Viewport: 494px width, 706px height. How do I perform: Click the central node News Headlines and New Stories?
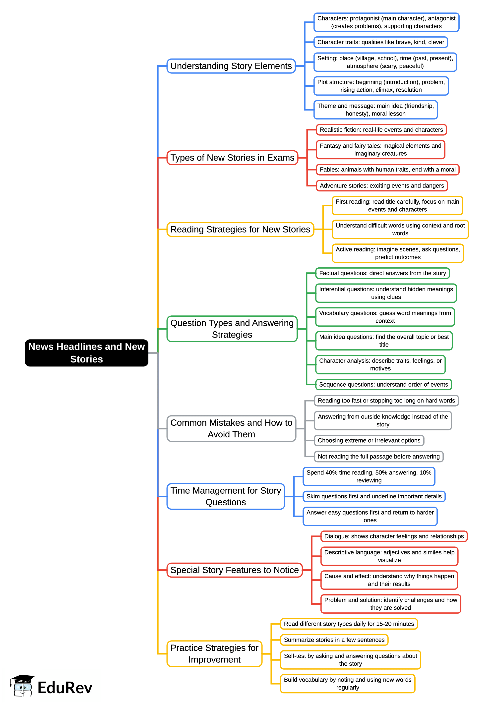click(x=86, y=353)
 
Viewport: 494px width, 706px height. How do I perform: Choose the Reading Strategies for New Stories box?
click(x=240, y=229)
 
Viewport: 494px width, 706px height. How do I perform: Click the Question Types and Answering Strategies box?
click(x=232, y=329)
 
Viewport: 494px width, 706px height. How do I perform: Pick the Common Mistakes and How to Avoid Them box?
click(x=231, y=428)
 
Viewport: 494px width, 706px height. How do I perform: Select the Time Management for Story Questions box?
click(x=226, y=496)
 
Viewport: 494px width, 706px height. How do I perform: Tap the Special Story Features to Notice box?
click(x=234, y=570)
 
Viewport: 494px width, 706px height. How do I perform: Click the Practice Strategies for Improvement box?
click(x=214, y=653)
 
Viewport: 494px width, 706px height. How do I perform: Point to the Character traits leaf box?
click(x=380, y=42)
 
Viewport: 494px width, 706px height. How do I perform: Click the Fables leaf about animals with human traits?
click(x=388, y=170)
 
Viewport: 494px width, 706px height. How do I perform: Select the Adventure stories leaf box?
click(x=382, y=185)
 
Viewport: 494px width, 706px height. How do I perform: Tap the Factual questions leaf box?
click(x=382, y=273)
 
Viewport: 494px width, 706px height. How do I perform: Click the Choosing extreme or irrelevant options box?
click(x=369, y=440)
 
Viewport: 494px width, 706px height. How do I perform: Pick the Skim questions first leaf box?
click(x=374, y=496)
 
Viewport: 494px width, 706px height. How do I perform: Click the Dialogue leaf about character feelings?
click(x=394, y=536)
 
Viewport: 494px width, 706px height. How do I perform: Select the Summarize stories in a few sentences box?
click(x=334, y=640)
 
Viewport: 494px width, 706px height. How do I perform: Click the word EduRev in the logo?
click(x=65, y=688)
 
